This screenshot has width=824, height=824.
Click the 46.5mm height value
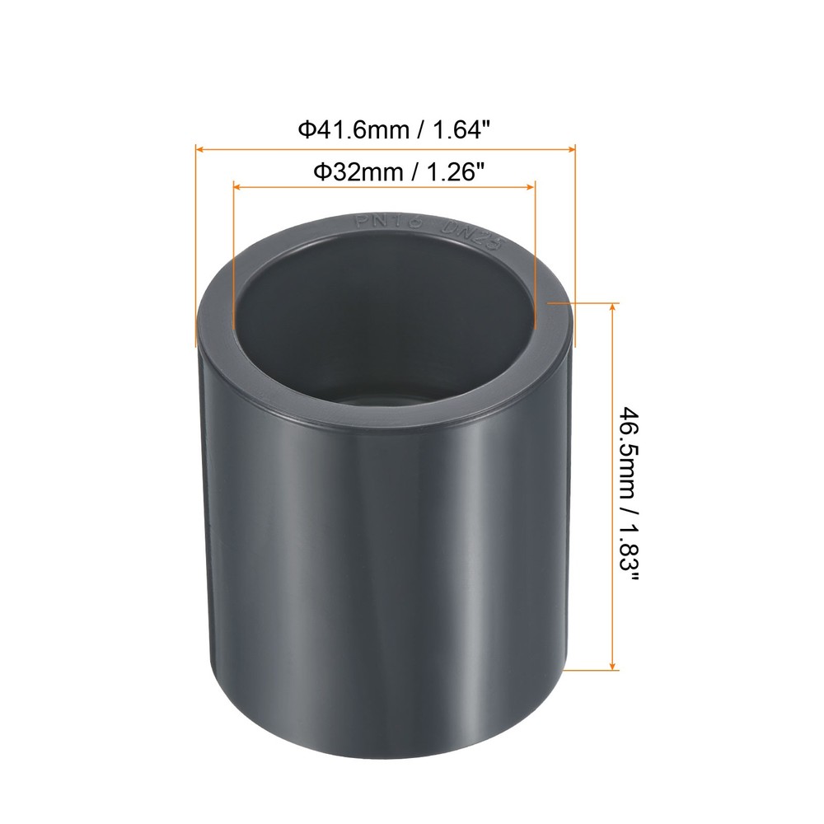coord(628,452)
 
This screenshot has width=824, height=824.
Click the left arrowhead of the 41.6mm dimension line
coord(199,149)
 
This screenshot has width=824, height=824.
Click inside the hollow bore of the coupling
coord(379,330)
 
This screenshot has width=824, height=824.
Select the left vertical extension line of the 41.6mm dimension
coord(195,247)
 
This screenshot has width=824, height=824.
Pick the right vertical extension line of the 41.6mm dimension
coord(575,247)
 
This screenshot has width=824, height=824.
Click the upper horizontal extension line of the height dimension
coord(581,302)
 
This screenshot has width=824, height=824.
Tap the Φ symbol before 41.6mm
coord(304,129)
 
